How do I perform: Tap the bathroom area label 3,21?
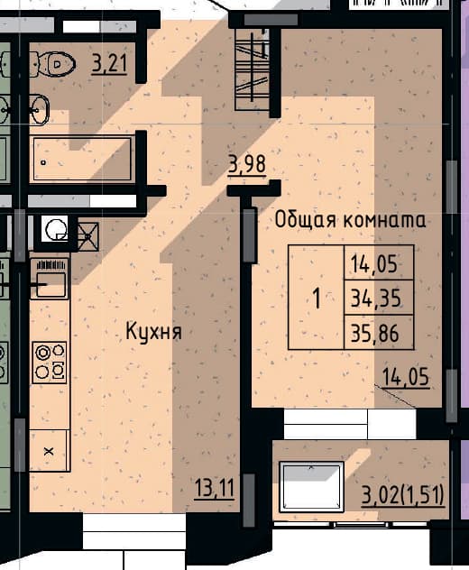click(109, 64)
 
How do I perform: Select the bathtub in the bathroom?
click(83, 159)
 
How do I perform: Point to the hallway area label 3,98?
click(247, 165)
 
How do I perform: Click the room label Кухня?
click(153, 331)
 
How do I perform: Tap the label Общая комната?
click(350, 220)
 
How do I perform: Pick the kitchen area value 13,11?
click(215, 488)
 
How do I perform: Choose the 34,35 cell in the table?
click(379, 298)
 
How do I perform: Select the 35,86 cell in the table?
click(379, 333)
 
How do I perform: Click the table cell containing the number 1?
click(317, 298)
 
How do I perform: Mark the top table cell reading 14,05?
click(379, 262)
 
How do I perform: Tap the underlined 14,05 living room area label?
click(406, 377)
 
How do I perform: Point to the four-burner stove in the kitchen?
click(50, 362)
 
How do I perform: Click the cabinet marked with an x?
click(49, 451)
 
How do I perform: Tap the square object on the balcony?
click(311, 486)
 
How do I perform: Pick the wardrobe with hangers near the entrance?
click(253, 69)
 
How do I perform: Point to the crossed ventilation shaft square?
click(88, 236)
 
